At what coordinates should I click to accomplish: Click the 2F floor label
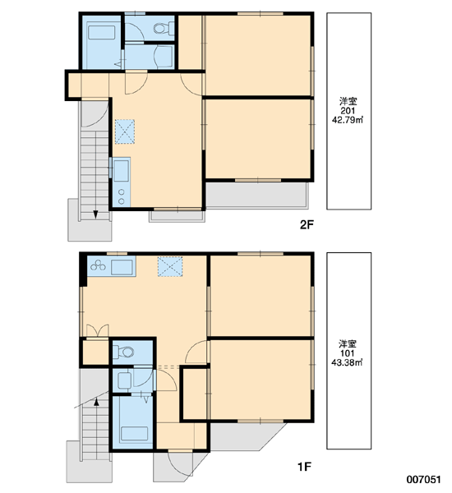(307, 225)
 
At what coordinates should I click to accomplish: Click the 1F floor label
(304, 467)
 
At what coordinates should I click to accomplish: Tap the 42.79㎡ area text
(348, 120)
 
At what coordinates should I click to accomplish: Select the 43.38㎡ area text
(348, 362)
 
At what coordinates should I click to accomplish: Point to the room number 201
(348, 111)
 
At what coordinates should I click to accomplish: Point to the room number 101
(348, 353)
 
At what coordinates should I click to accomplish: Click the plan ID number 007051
(423, 480)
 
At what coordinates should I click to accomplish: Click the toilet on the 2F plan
(164, 29)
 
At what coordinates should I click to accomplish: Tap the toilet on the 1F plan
(123, 352)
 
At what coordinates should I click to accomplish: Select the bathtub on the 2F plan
(101, 33)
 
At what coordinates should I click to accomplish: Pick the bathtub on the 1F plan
(134, 434)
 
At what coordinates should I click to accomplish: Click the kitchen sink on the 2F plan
(121, 171)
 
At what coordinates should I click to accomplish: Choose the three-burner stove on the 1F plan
(98, 266)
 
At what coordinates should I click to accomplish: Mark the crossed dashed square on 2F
(125, 131)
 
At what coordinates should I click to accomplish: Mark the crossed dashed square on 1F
(170, 266)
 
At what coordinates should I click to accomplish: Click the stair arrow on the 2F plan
(95, 213)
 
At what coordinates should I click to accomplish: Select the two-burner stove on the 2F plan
(122, 196)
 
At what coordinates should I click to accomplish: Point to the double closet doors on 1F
(98, 331)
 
